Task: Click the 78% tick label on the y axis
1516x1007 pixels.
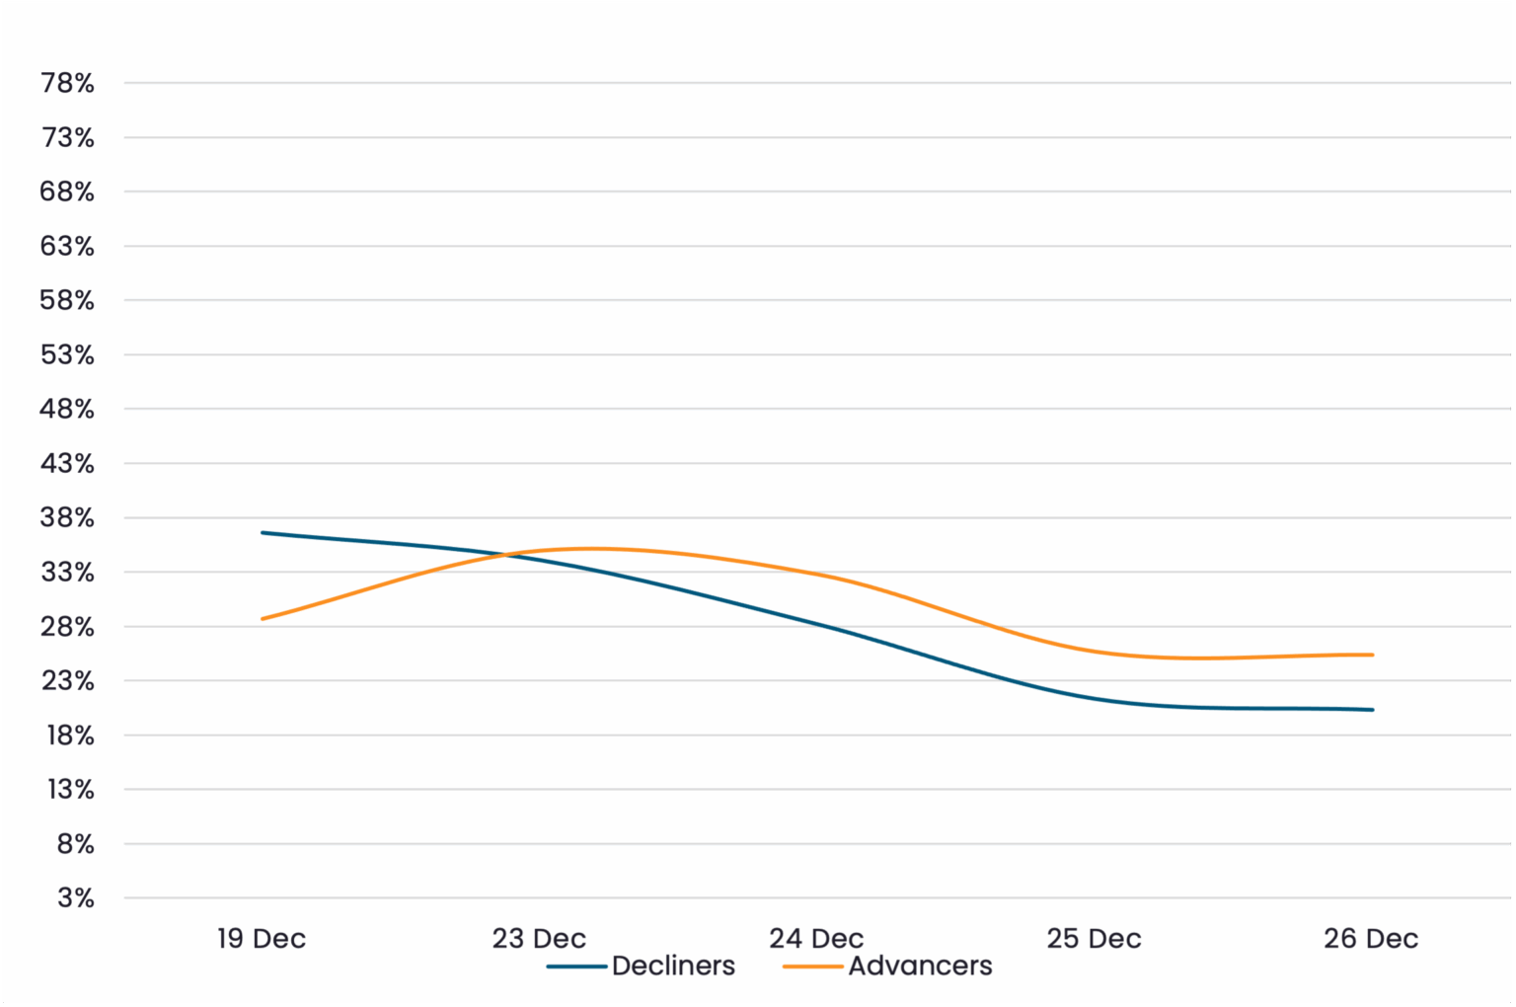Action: pyautogui.click(x=67, y=83)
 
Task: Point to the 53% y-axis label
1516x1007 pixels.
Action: pyautogui.click(x=67, y=354)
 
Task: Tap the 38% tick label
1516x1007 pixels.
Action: pyautogui.click(x=67, y=517)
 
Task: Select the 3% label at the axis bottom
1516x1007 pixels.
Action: pyautogui.click(x=75, y=897)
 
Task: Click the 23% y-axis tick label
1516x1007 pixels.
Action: pyautogui.click(x=67, y=680)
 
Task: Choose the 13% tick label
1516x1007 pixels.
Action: pyautogui.click(x=70, y=789)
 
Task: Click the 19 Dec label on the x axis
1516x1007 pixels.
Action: pyautogui.click(x=262, y=938)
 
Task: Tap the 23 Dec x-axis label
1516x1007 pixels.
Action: pyautogui.click(x=539, y=938)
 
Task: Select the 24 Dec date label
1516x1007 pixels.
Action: pyautogui.click(x=816, y=938)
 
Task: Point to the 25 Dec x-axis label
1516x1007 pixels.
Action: pyautogui.click(x=1094, y=938)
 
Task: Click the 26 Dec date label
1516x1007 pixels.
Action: pyautogui.click(x=1371, y=938)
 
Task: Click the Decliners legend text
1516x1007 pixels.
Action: pyautogui.click(x=673, y=966)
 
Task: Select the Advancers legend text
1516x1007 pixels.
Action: pyautogui.click(x=920, y=966)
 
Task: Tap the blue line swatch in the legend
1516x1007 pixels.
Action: pyautogui.click(x=576, y=967)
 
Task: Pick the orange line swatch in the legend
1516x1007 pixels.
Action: pyautogui.click(x=812, y=967)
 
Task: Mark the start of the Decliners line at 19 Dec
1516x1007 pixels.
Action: pyautogui.click(x=263, y=533)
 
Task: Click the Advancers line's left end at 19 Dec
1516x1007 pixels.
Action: pyautogui.click(x=263, y=619)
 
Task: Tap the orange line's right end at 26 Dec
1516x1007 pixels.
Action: pyautogui.click(x=1372, y=655)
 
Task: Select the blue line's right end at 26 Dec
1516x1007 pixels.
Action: pyautogui.click(x=1372, y=710)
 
